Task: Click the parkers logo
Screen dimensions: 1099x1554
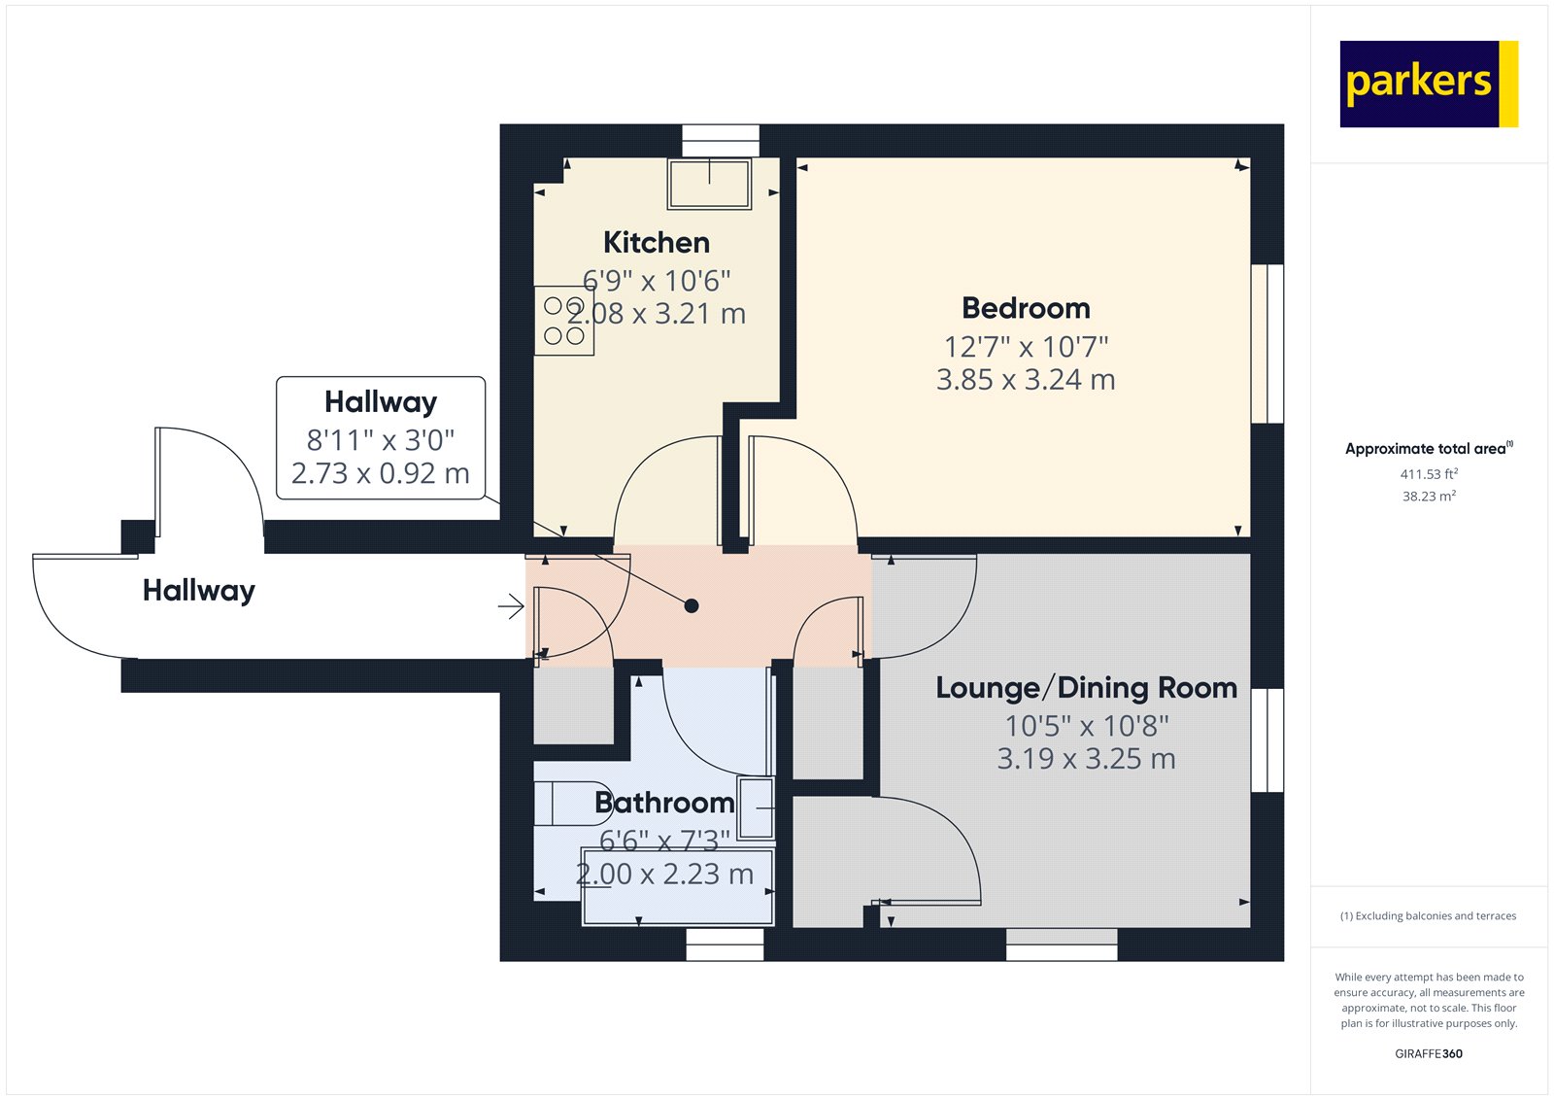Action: point(1428,84)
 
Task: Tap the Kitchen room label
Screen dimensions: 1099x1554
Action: point(656,242)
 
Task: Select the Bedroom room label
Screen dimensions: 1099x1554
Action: point(1026,308)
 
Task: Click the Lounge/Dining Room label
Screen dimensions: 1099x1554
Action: point(1086,688)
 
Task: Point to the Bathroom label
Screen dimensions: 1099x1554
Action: point(663,803)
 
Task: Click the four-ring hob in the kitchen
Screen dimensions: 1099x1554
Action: point(564,321)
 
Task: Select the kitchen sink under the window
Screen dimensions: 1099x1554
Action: point(710,184)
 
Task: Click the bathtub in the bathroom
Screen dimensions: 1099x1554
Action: point(677,887)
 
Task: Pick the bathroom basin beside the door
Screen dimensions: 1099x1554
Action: point(757,807)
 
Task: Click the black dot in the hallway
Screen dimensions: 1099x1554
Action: point(692,606)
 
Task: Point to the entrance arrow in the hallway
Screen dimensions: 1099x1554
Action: point(511,607)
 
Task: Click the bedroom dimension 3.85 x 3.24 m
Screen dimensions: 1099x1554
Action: point(1026,380)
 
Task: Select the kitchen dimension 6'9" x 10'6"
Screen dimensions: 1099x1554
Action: point(657,281)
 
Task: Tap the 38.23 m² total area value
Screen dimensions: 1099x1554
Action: point(1428,497)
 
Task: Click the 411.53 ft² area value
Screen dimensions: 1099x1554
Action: point(1428,474)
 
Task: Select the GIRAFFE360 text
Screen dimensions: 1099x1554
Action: point(1428,1053)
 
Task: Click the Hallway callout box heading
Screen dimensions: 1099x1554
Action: point(381,401)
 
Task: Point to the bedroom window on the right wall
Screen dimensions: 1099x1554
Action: point(1267,343)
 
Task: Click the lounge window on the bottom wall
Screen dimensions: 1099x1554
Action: point(1062,944)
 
